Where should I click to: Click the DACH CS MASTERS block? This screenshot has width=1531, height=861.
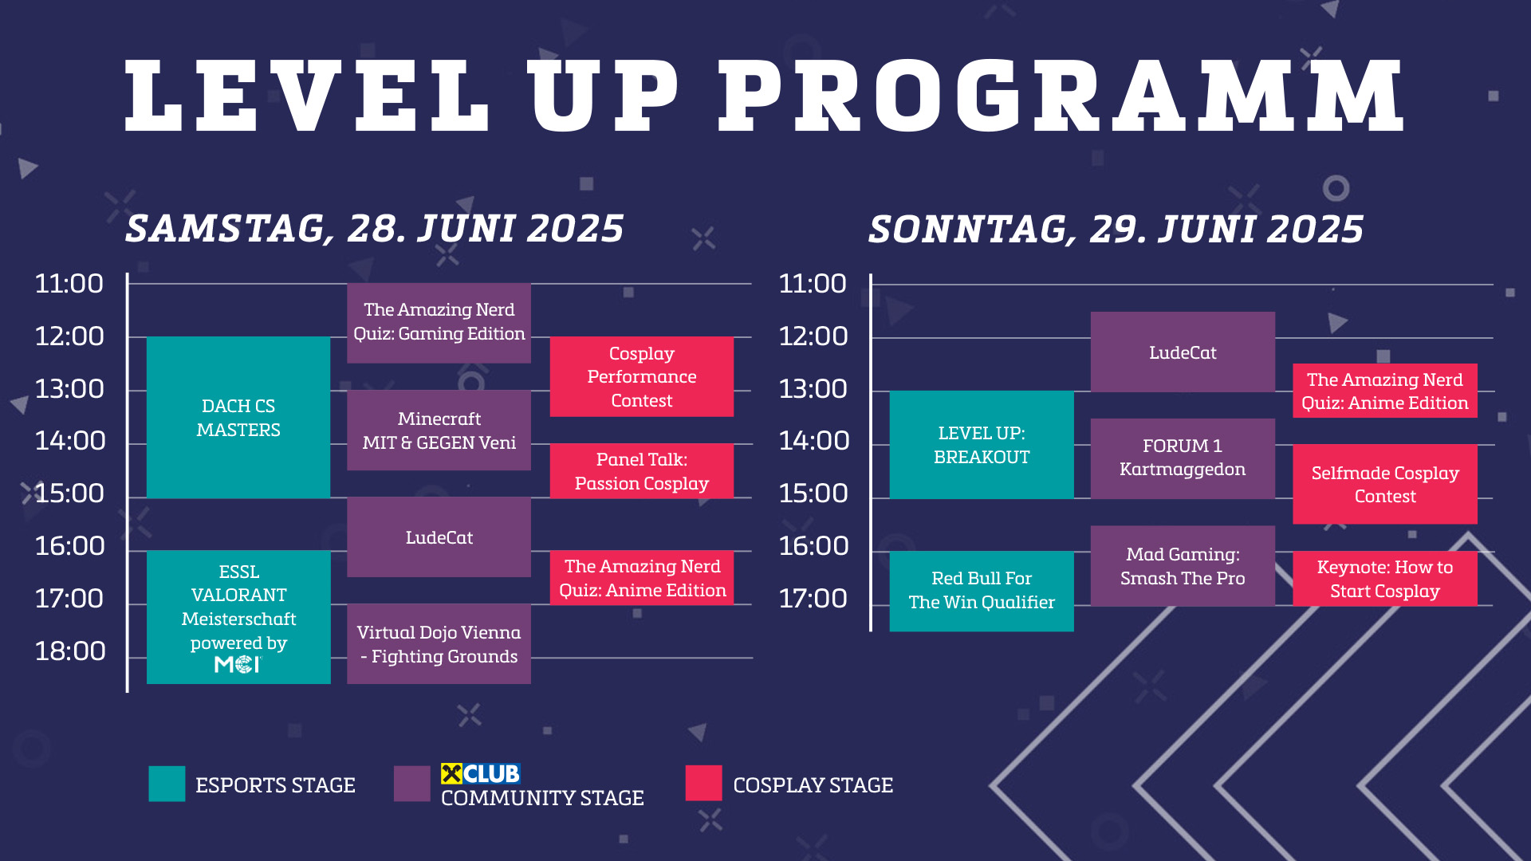click(238, 417)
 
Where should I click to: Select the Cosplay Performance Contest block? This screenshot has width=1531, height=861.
click(642, 376)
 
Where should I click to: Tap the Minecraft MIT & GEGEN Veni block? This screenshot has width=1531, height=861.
click(439, 430)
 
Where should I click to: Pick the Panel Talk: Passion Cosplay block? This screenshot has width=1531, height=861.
click(642, 471)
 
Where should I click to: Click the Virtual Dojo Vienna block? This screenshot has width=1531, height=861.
click(439, 643)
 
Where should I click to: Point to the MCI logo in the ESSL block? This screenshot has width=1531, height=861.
click(238, 664)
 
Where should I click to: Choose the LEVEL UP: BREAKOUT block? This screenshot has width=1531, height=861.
click(982, 445)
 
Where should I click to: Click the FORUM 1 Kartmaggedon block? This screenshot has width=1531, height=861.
click(1183, 458)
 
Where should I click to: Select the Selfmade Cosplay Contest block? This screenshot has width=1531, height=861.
click(1385, 484)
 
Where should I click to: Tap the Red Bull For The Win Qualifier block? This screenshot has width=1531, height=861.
click(982, 591)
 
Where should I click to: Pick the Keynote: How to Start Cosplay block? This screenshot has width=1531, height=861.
click(1385, 579)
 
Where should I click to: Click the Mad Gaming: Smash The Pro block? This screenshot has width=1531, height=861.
click(1183, 566)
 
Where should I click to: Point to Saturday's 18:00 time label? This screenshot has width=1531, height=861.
click(70, 651)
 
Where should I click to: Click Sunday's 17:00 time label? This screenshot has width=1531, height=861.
click(813, 599)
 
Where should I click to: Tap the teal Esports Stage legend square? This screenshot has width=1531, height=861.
click(167, 784)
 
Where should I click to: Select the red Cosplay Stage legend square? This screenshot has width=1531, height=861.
click(703, 783)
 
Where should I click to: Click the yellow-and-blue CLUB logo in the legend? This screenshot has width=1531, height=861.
click(480, 773)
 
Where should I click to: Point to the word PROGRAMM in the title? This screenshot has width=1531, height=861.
click(1061, 96)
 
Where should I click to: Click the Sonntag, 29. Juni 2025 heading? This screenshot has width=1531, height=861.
click(1116, 230)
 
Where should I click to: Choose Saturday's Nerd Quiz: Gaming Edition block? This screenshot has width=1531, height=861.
click(439, 323)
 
